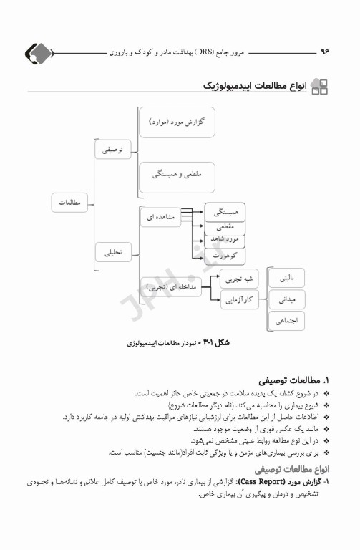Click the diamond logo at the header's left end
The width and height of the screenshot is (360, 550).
39,53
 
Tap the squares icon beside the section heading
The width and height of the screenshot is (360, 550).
319,87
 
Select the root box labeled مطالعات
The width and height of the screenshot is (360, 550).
69,203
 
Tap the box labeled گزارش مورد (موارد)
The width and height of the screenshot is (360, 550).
176,123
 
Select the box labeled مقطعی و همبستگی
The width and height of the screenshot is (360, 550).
177,176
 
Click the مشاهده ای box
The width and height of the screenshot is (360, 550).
160,216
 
